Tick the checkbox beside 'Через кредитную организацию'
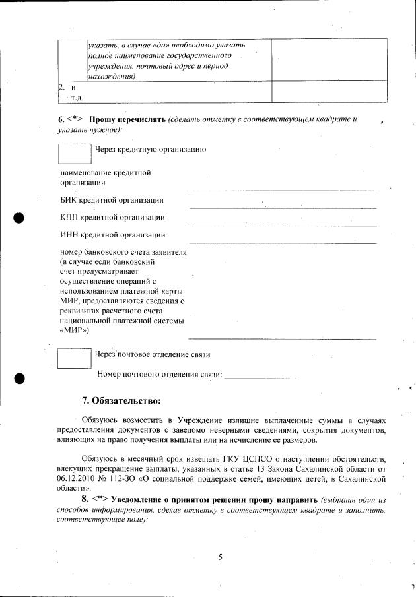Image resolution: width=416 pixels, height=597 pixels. pos(74,153)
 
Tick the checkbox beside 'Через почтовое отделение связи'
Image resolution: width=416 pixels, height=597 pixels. pos(74,358)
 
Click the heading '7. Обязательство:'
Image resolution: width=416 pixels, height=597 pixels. pos(121,400)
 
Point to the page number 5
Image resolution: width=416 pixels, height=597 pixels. pos(221,557)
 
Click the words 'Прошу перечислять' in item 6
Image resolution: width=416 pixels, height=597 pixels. pos(127,119)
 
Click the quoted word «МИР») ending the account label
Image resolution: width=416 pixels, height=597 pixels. pos(75,330)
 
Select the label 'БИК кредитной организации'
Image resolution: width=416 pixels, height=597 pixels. pos(112,200)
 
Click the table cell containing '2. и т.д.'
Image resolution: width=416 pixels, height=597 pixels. pos(71,91)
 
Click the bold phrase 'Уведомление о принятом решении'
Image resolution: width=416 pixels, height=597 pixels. pos(170,498)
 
